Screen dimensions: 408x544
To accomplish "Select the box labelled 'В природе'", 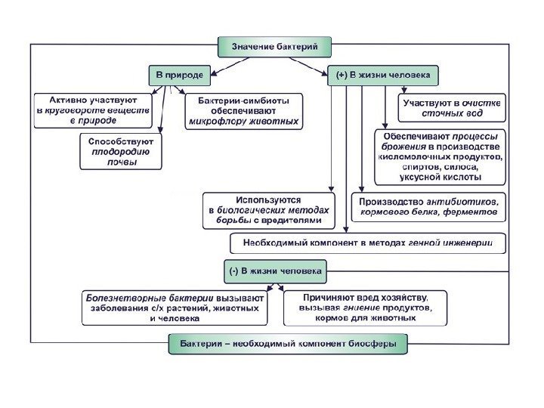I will click(x=180, y=76).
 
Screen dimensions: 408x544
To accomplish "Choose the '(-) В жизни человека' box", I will click(x=275, y=269).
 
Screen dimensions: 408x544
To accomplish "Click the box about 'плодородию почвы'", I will click(x=121, y=152).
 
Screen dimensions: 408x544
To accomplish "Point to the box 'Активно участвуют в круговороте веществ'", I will click(x=93, y=110).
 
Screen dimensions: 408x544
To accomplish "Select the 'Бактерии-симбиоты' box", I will click(x=243, y=110).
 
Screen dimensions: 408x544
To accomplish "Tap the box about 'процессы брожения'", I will click(x=439, y=156).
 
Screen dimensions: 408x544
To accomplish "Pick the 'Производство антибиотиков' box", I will click(x=428, y=207).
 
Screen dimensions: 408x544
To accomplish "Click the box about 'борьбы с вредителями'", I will click(x=270, y=210).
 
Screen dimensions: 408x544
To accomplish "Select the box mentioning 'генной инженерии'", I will click(x=367, y=243).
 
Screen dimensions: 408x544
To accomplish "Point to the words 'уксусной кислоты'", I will click(x=439, y=178).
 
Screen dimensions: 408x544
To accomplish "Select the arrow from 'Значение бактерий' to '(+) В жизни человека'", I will click(x=309, y=65).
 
